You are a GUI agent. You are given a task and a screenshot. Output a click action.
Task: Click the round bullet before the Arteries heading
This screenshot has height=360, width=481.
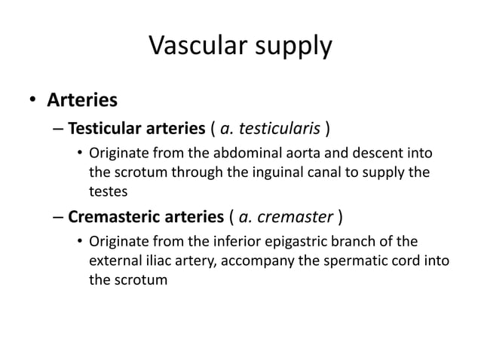(32, 100)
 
